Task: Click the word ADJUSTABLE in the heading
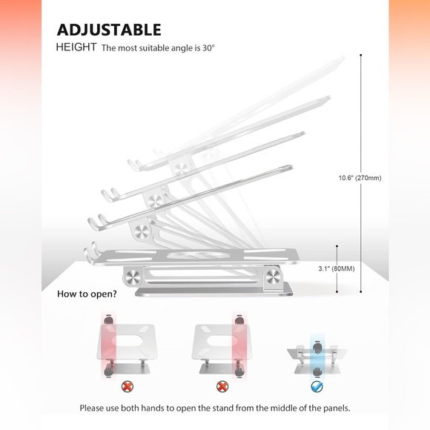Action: (109, 30)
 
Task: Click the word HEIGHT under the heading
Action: (76, 47)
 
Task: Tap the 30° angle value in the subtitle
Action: (208, 47)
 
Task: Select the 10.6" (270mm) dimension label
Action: (360, 178)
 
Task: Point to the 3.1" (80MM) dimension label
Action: (337, 268)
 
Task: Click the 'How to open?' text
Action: (87, 294)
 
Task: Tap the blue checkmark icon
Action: (317, 387)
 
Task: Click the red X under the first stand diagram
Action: (128, 387)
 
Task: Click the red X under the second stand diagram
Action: (222, 387)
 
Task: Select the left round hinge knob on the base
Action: (133, 277)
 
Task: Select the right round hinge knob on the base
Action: (273, 276)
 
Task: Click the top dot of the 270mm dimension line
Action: (361, 55)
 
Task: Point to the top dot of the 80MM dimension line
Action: (337, 246)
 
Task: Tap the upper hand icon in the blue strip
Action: (317, 347)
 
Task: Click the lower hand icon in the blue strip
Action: (317, 372)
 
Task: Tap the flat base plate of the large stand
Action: (214, 291)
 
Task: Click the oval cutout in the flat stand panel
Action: (198, 255)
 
